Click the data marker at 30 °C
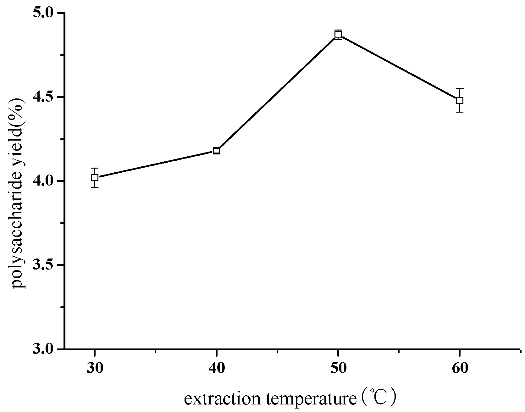(x=95, y=178)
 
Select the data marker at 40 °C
(x=216, y=151)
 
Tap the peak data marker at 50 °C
(x=338, y=35)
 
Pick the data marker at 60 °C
(x=460, y=100)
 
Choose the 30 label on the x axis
(x=95, y=368)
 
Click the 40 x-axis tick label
(x=216, y=368)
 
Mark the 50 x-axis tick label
(x=338, y=368)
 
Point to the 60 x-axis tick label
(x=460, y=368)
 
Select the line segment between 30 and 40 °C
(x=155, y=164)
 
